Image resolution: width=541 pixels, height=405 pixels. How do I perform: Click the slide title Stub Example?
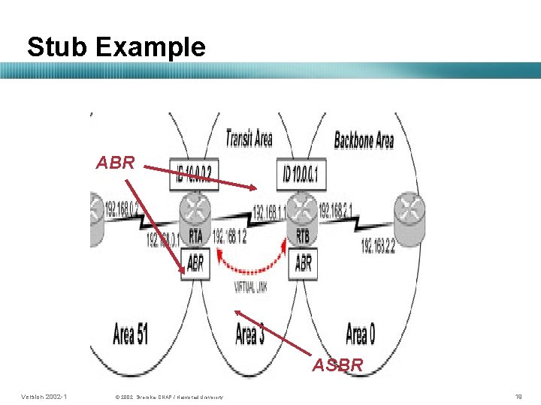click(x=116, y=46)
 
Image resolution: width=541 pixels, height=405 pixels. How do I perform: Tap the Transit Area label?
click(x=249, y=139)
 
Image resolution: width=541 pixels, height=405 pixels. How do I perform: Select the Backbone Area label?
click(x=364, y=139)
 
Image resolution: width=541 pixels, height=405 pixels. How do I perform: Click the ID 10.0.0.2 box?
click(x=193, y=175)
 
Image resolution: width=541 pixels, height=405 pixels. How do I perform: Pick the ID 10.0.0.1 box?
click(x=302, y=175)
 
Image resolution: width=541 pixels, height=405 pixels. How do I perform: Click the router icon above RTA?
click(x=195, y=210)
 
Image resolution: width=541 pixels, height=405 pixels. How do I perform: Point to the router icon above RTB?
click(x=304, y=210)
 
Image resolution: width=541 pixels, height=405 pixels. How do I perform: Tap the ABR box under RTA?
click(x=195, y=263)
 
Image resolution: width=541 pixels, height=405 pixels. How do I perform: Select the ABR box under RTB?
click(x=304, y=263)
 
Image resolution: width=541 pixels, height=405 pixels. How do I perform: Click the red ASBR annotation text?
click(x=337, y=365)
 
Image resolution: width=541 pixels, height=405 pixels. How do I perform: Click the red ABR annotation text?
click(x=115, y=162)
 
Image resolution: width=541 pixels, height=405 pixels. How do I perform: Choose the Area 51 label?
click(x=130, y=333)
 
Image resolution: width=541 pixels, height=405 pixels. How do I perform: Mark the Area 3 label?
click(x=249, y=333)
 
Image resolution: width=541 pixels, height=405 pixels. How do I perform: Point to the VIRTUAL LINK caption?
click(x=251, y=287)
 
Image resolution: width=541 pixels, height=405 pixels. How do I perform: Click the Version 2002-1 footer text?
click(x=44, y=396)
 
